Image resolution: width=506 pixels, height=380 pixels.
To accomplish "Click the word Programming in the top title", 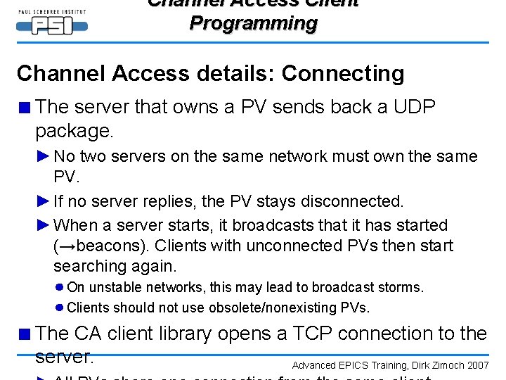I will (x=253, y=23).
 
